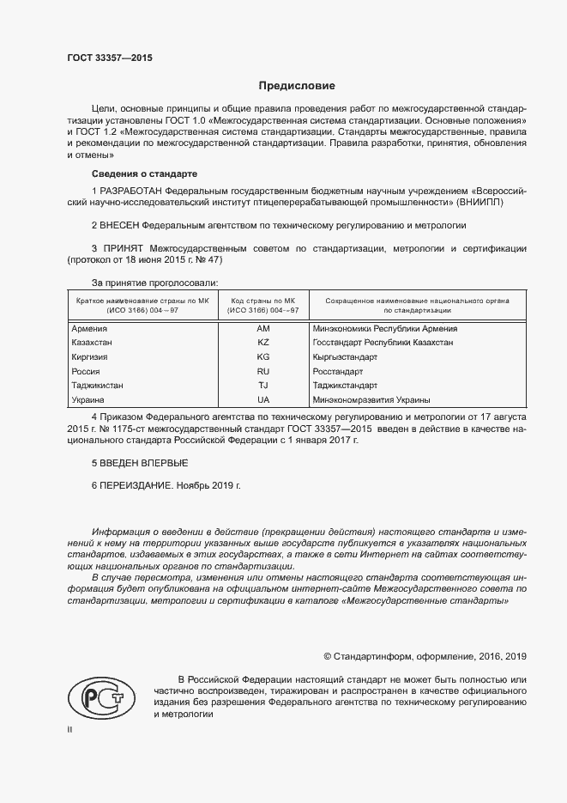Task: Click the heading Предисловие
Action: coord(297,86)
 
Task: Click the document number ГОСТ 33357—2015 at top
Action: coord(110,58)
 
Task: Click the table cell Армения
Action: coord(90,328)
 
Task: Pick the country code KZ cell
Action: coord(263,342)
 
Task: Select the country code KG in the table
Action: coord(263,356)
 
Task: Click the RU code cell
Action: coord(263,371)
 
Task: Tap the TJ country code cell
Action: coord(263,386)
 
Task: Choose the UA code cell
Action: coord(263,400)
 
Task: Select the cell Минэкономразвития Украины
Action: coord(372,400)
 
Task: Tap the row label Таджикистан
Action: coord(97,386)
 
